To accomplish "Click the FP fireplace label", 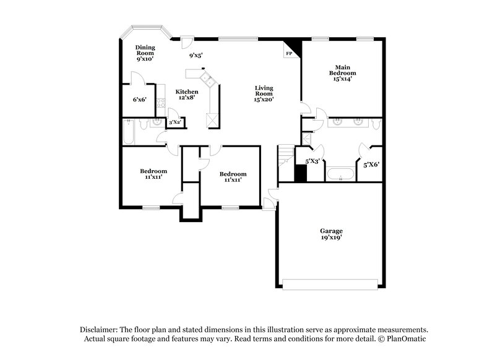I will pos(289,54).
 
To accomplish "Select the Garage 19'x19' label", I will pos(332,234).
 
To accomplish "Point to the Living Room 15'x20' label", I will pos(264,93).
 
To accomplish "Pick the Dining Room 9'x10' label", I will pos(145,53).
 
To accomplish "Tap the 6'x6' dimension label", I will pos(139,99).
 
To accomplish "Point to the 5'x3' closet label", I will pos(312,161).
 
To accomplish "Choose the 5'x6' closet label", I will pos(371,165).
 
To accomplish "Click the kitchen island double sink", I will pos(206,79).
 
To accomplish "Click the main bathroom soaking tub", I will pos(340,174).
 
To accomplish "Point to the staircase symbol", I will pos(285,156).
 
